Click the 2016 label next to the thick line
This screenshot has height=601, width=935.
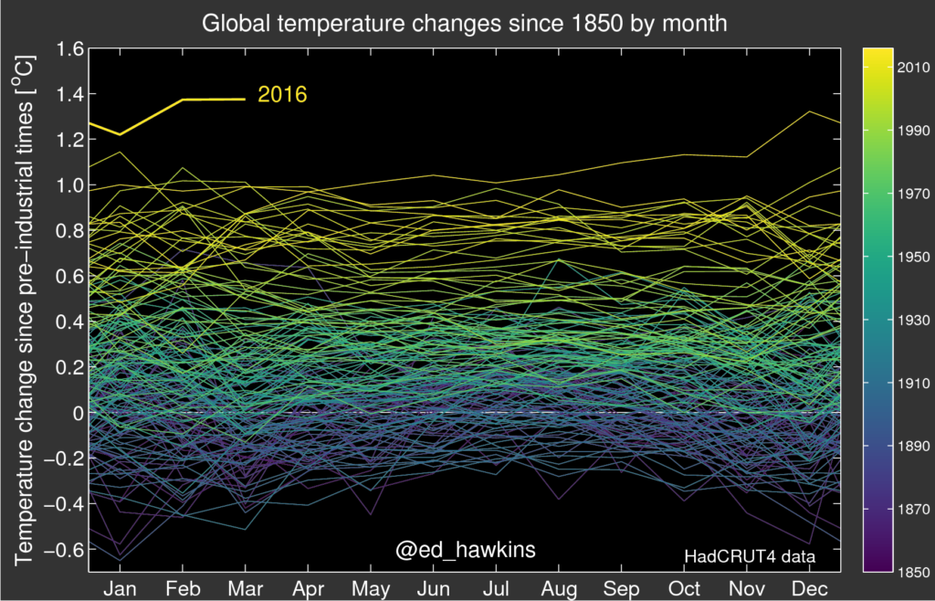(282, 95)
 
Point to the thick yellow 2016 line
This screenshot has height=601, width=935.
(183, 100)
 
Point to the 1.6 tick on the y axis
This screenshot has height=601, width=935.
(68, 49)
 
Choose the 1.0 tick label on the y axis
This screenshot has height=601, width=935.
(68, 186)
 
